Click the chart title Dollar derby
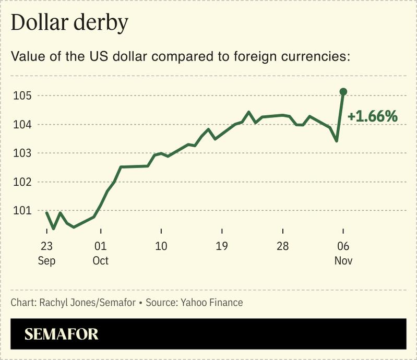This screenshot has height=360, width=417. pyautogui.click(x=69, y=23)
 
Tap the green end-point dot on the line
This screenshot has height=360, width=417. pyautogui.click(x=343, y=92)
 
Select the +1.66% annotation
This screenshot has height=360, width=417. pyautogui.click(x=373, y=116)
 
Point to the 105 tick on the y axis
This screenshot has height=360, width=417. pyautogui.click(x=24, y=96)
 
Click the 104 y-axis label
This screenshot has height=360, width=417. pyautogui.click(x=24, y=125)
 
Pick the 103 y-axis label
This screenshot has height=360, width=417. pyautogui.click(x=24, y=153)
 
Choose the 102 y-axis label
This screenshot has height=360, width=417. pyautogui.click(x=24, y=182)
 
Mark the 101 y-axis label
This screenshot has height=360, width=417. pyautogui.click(x=24, y=211)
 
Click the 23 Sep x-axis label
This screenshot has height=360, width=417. pyautogui.click(x=46, y=253)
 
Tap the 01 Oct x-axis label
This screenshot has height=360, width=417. pyautogui.click(x=100, y=253)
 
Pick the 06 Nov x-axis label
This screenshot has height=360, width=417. pyautogui.click(x=343, y=253)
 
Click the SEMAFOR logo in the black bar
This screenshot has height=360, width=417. pyautogui.click(x=62, y=334)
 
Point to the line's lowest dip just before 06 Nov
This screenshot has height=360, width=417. pyautogui.click(x=337, y=141)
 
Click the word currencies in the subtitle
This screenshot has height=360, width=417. pyautogui.click(x=315, y=56)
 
